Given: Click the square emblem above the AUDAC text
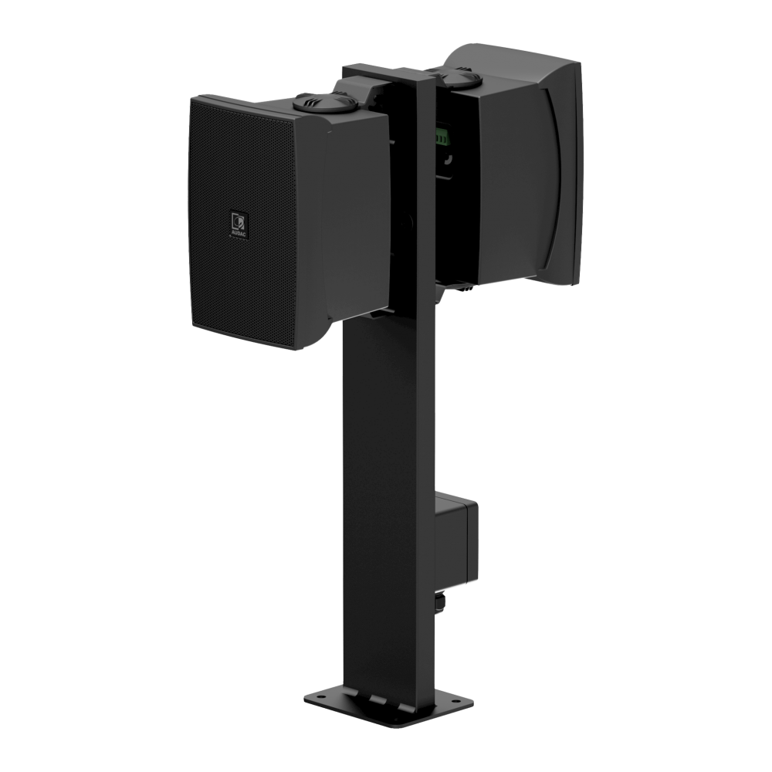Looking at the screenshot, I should coord(237,222).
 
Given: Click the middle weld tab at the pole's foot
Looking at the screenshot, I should coord(376,698).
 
